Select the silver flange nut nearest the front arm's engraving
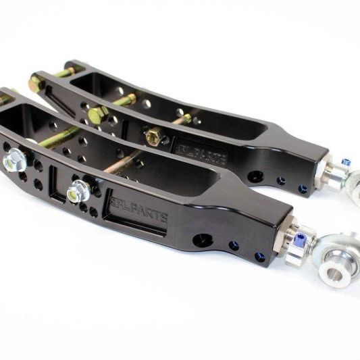79,191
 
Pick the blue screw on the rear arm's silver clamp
346,163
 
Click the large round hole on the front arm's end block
201,240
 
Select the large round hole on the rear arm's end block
255,176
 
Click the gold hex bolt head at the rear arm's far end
36,84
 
